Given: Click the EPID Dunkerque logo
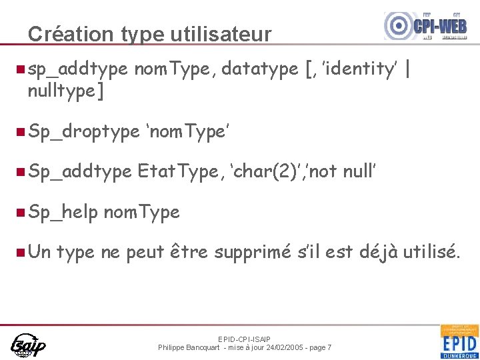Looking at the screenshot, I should coord(459,341).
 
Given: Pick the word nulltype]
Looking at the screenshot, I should coord(66,91).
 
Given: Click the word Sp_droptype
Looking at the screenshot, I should coord(83,132).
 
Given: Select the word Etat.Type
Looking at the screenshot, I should coord(177,172).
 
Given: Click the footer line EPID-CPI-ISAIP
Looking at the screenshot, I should coord(245,339).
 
